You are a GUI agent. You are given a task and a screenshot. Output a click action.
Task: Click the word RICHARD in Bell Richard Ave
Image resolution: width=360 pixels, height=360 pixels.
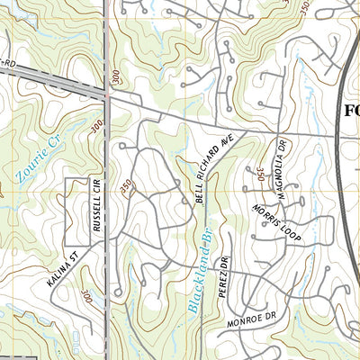point(212,166)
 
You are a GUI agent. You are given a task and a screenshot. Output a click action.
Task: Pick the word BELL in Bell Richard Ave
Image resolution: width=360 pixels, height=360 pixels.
point(198,193)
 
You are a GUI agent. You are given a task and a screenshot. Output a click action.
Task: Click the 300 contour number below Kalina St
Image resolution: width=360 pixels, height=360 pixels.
point(86,297)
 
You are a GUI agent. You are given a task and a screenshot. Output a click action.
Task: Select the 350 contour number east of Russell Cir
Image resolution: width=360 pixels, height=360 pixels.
point(126,185)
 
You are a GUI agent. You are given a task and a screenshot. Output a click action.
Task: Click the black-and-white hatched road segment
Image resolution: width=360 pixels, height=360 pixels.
point(54,80)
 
